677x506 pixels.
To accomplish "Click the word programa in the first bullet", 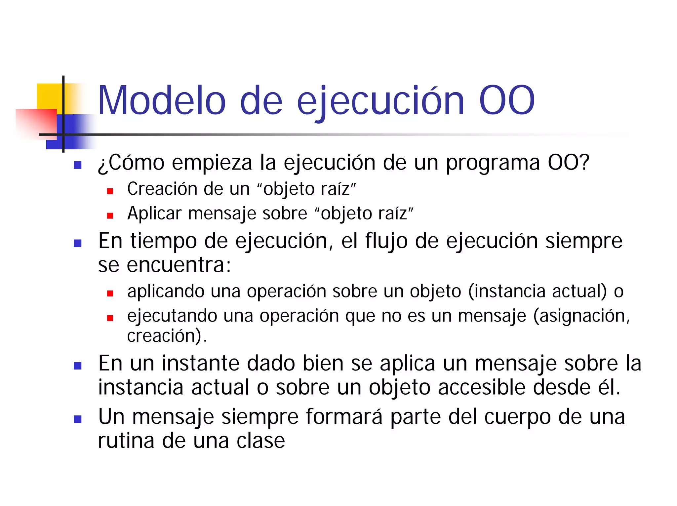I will tap(493, 164).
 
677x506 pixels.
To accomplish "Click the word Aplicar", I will tap(154, 214).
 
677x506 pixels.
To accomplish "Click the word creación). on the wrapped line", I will tap(167, 336).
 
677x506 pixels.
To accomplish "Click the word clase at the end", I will tap(260, 441).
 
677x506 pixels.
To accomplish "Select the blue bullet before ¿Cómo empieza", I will tap(78, 165).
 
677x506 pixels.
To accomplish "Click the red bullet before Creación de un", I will tap(110, 191).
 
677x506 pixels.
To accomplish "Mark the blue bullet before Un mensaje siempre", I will tap(78, 419).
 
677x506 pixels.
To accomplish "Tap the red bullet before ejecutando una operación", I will tap(110, 318).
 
